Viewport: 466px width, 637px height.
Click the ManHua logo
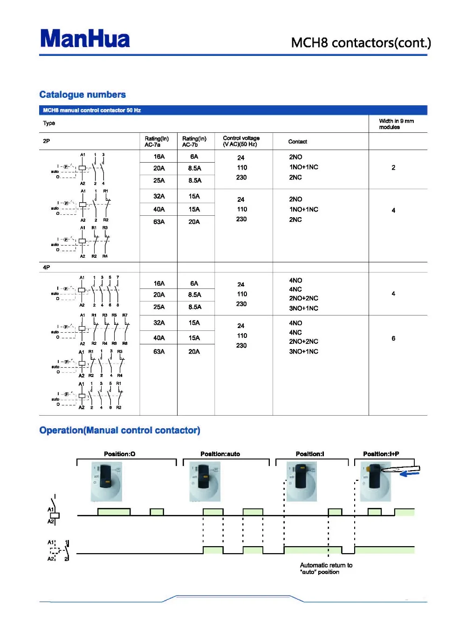point(85,39)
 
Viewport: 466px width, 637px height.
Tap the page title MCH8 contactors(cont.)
point(361,43)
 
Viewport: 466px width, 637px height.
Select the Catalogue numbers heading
point(82,95)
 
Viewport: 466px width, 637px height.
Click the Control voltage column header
point(241,141)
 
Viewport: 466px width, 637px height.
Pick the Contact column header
point(297,142)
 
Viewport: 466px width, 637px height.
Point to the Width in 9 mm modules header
point(396,124)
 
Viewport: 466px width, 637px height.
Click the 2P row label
point(47,141)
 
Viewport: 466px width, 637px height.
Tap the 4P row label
point(47,267)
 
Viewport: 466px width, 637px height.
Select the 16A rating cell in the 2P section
point(159,157)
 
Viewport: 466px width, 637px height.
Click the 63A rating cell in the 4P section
point(159,352)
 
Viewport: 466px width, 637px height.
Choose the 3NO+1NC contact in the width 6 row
point(303,352)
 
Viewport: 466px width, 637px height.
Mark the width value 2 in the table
point(393,168)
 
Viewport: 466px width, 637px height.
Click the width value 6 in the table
point(393,338)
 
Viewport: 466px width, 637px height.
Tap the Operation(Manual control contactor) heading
point(120,430)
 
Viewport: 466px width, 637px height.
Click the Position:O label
point(119,454)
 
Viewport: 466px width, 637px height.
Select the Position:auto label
point(220,454)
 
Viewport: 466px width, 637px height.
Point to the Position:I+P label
point(381,454)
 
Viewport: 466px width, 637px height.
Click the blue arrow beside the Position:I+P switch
point(410,473)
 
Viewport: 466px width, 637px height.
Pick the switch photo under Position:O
point(106,481)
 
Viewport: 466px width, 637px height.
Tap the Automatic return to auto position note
point(326,569)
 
